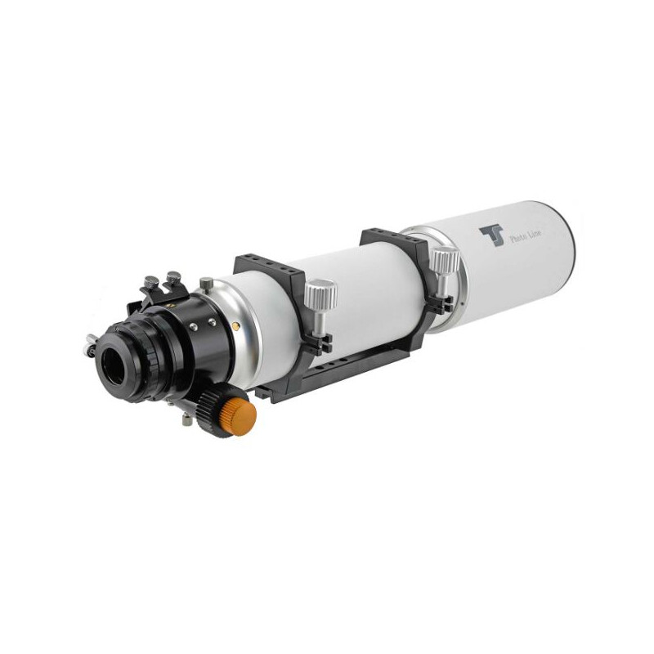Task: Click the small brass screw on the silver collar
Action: pos(237,325)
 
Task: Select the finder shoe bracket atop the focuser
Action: pos(163,294)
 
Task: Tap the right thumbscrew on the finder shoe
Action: pos(173,277)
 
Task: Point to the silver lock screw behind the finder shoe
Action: pos(206,283)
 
